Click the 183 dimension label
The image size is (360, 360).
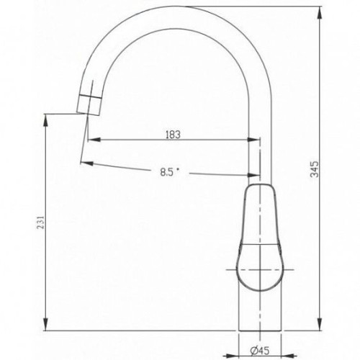[x=173, y=135]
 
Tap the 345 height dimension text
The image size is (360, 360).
[x=315, y=169]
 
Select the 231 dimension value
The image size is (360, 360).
[x=41, y=222]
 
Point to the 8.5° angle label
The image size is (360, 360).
[x=170, y=172]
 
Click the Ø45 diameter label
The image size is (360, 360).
[x=260, y=351]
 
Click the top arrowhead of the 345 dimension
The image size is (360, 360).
[x=320, y=13]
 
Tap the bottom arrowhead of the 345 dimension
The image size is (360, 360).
[x=320, y=325]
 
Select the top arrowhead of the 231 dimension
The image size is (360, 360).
[x=46, y=120]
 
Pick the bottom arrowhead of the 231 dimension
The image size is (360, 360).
[x=46, y=325]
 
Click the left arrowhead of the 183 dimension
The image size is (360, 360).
[x=94, y=140]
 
